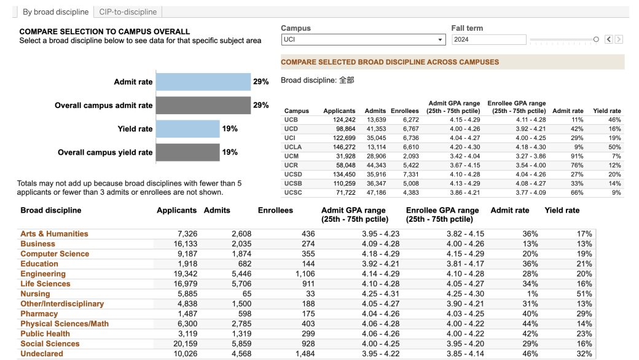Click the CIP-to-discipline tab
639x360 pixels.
[x=128, y=12]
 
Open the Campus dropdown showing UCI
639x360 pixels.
[x=363, y=39]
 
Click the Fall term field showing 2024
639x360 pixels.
[x=488, y=39]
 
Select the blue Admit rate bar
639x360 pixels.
[x=203, y=82]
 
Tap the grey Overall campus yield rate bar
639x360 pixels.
[x=187, y=152]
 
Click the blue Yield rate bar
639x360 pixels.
[x=187, y=129]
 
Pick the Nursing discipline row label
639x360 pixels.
[x=35, y=294]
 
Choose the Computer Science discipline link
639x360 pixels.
[x=55, y=254]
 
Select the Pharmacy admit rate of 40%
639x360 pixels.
[x=530, y=314]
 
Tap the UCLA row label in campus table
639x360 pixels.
[x=294, y=147]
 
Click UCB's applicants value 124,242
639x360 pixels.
[x=344, y=120]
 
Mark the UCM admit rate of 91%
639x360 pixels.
[x=576, y=157]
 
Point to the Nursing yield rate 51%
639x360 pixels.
[x=584, y=294]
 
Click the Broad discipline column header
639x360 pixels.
[x=50, y=210]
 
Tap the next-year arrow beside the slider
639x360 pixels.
[x=619, y=39]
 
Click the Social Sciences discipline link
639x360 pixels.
[x=50, y=344]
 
